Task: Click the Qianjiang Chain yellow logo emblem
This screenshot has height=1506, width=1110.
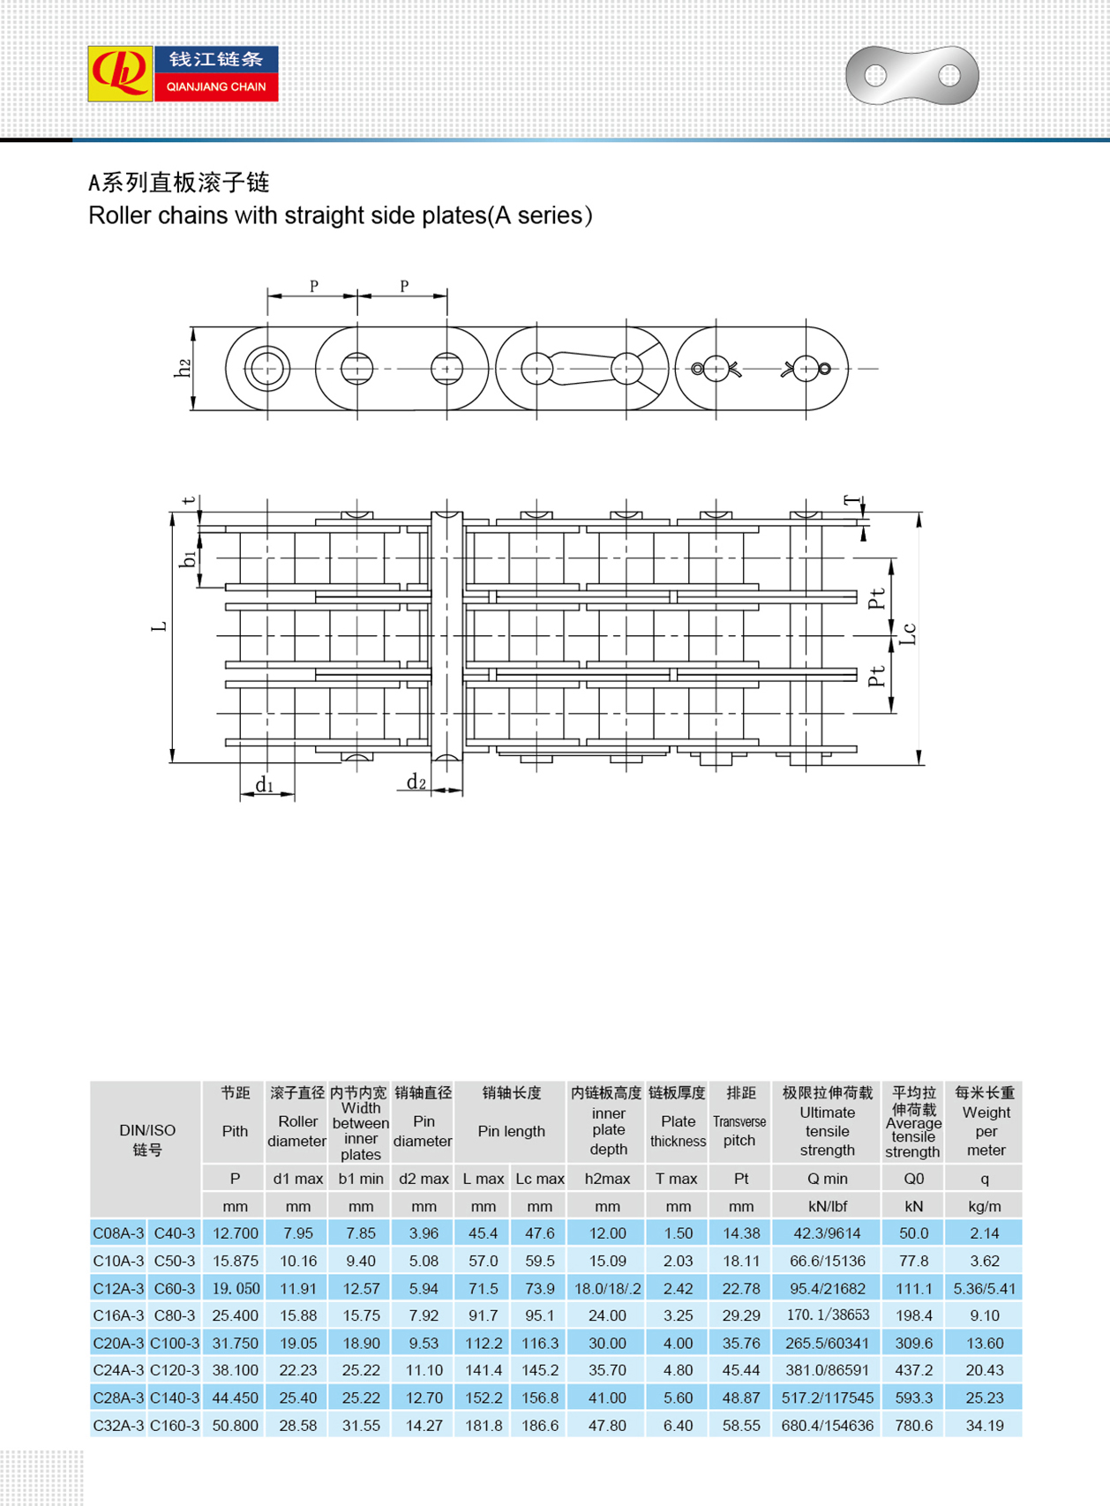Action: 120,74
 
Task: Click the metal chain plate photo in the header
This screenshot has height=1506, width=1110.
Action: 911,76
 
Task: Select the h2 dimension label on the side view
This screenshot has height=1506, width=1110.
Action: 183,369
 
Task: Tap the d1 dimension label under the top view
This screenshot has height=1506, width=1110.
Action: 264,784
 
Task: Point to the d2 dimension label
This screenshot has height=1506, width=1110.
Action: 416,782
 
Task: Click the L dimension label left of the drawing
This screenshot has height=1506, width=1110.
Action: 159,626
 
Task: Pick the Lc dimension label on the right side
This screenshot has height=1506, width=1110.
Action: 909,633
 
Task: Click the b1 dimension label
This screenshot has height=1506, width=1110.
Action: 187,558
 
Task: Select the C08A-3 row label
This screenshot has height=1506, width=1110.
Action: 118,1233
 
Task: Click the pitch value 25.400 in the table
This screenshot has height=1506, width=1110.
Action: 235,1315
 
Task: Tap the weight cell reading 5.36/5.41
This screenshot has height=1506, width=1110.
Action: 984,1288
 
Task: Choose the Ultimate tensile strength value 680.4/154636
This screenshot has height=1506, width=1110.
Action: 827,1425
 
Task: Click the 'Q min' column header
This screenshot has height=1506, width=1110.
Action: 827,1179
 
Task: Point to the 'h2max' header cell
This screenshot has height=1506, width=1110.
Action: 607,1179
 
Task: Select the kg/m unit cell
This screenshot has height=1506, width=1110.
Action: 984,1206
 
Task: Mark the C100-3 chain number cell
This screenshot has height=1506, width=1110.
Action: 175,1343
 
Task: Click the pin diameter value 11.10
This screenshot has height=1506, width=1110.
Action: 424,1370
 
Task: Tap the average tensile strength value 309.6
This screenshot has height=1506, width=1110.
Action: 913,1343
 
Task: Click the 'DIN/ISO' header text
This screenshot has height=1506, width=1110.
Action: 147,1130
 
